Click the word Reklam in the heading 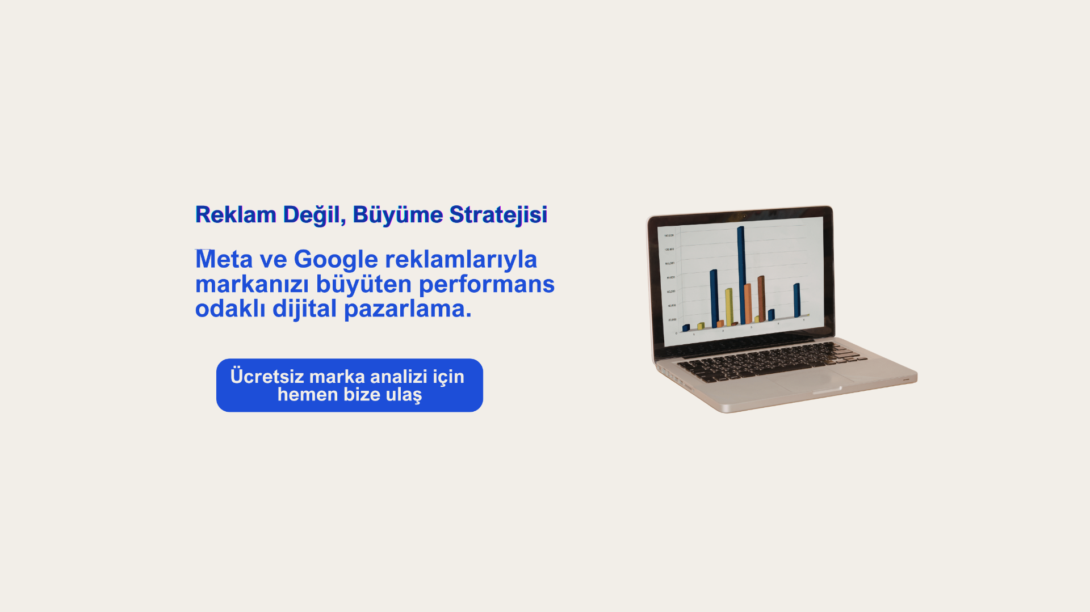tap(236, 215)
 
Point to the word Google tap(336, 260)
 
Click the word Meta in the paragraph tap(224, 259)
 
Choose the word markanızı tap(252, 284)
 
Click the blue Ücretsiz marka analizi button tap(350, 385)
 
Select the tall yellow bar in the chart tap(728, 307)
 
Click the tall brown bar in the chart tap(761, 299)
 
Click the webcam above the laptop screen tap(744, 216)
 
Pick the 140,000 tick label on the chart tap(669, 235)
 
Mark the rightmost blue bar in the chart tap(796, 301)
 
